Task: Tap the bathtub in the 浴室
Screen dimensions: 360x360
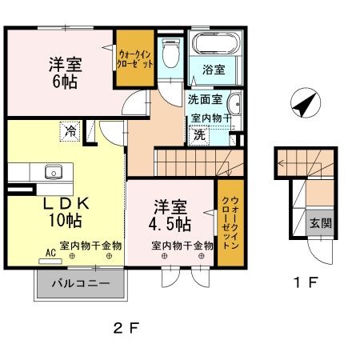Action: pos(216,43)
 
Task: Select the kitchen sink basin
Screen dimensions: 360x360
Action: pos(54,172)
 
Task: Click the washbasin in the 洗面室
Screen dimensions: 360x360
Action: pos(234,104)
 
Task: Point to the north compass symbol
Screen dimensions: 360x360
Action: pos(306,103)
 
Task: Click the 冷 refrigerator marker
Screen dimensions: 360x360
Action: pos(70,131)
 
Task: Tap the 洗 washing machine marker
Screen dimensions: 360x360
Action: pos(198,135)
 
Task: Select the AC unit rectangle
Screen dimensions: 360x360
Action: pos(50,262)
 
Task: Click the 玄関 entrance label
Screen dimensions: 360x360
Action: pos(320,223)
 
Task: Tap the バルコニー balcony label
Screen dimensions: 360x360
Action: pos(81,283)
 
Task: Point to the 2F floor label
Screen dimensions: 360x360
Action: pos(126,328)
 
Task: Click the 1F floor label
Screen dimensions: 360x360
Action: pos(306,282)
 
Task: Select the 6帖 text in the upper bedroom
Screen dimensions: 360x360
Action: pos(65,82)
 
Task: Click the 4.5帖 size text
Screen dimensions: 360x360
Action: pos(170,224)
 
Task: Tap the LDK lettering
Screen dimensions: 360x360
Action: pos(66,204)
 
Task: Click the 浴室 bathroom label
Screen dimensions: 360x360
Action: pos(214,70)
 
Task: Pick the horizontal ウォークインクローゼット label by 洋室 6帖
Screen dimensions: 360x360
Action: pos(135,59)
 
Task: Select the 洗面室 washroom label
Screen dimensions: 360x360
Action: pos(206,99)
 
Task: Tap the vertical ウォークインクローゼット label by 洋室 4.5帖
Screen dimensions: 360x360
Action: pos(230,223)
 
